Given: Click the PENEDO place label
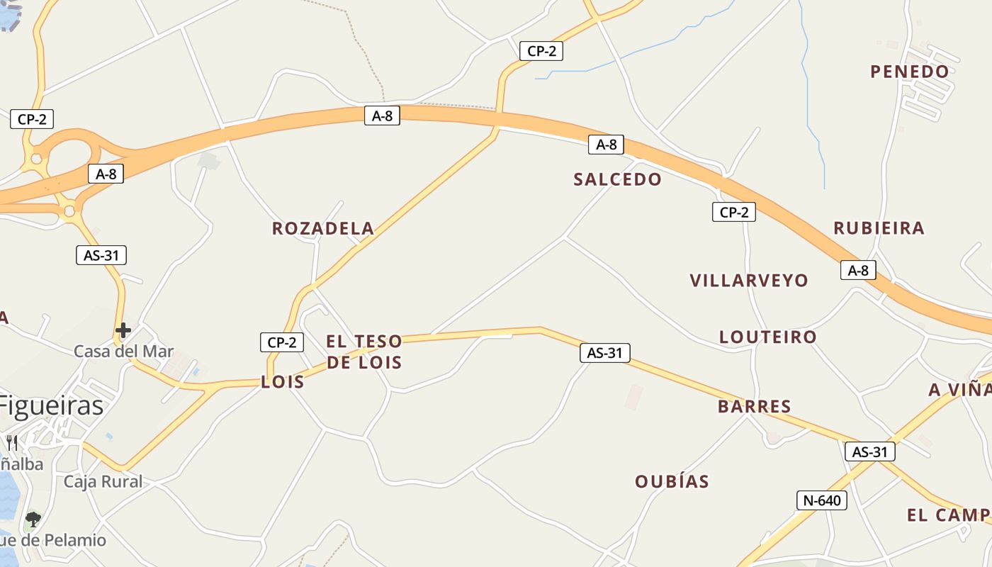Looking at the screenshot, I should [910, 72].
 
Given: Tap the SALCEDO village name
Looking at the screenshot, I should [617, 179].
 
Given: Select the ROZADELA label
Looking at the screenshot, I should [323, 228].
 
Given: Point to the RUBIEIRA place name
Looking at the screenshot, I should [879, 228].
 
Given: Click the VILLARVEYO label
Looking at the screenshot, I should [749, 281].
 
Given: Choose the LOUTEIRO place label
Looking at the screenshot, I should [768, 337].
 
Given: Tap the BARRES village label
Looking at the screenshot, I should [754, 406].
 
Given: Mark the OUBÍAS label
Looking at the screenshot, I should [672, 481].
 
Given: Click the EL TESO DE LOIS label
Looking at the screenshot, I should [364, 352].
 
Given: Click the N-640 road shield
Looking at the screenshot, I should [821, 500].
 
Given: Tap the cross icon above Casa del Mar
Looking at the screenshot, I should [123, 330].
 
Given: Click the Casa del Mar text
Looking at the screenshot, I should [123, 352].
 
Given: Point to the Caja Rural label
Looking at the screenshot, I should [103, 482].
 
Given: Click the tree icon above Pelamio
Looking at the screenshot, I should [33, 520].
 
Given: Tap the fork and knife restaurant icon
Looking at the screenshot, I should [12, 443].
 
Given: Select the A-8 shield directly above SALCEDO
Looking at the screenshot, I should [606, 145].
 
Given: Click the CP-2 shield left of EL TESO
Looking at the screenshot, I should [281, 342].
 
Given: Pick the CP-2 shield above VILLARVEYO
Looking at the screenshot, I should [733, 212].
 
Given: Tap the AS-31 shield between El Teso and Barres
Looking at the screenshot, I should [604, 352].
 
